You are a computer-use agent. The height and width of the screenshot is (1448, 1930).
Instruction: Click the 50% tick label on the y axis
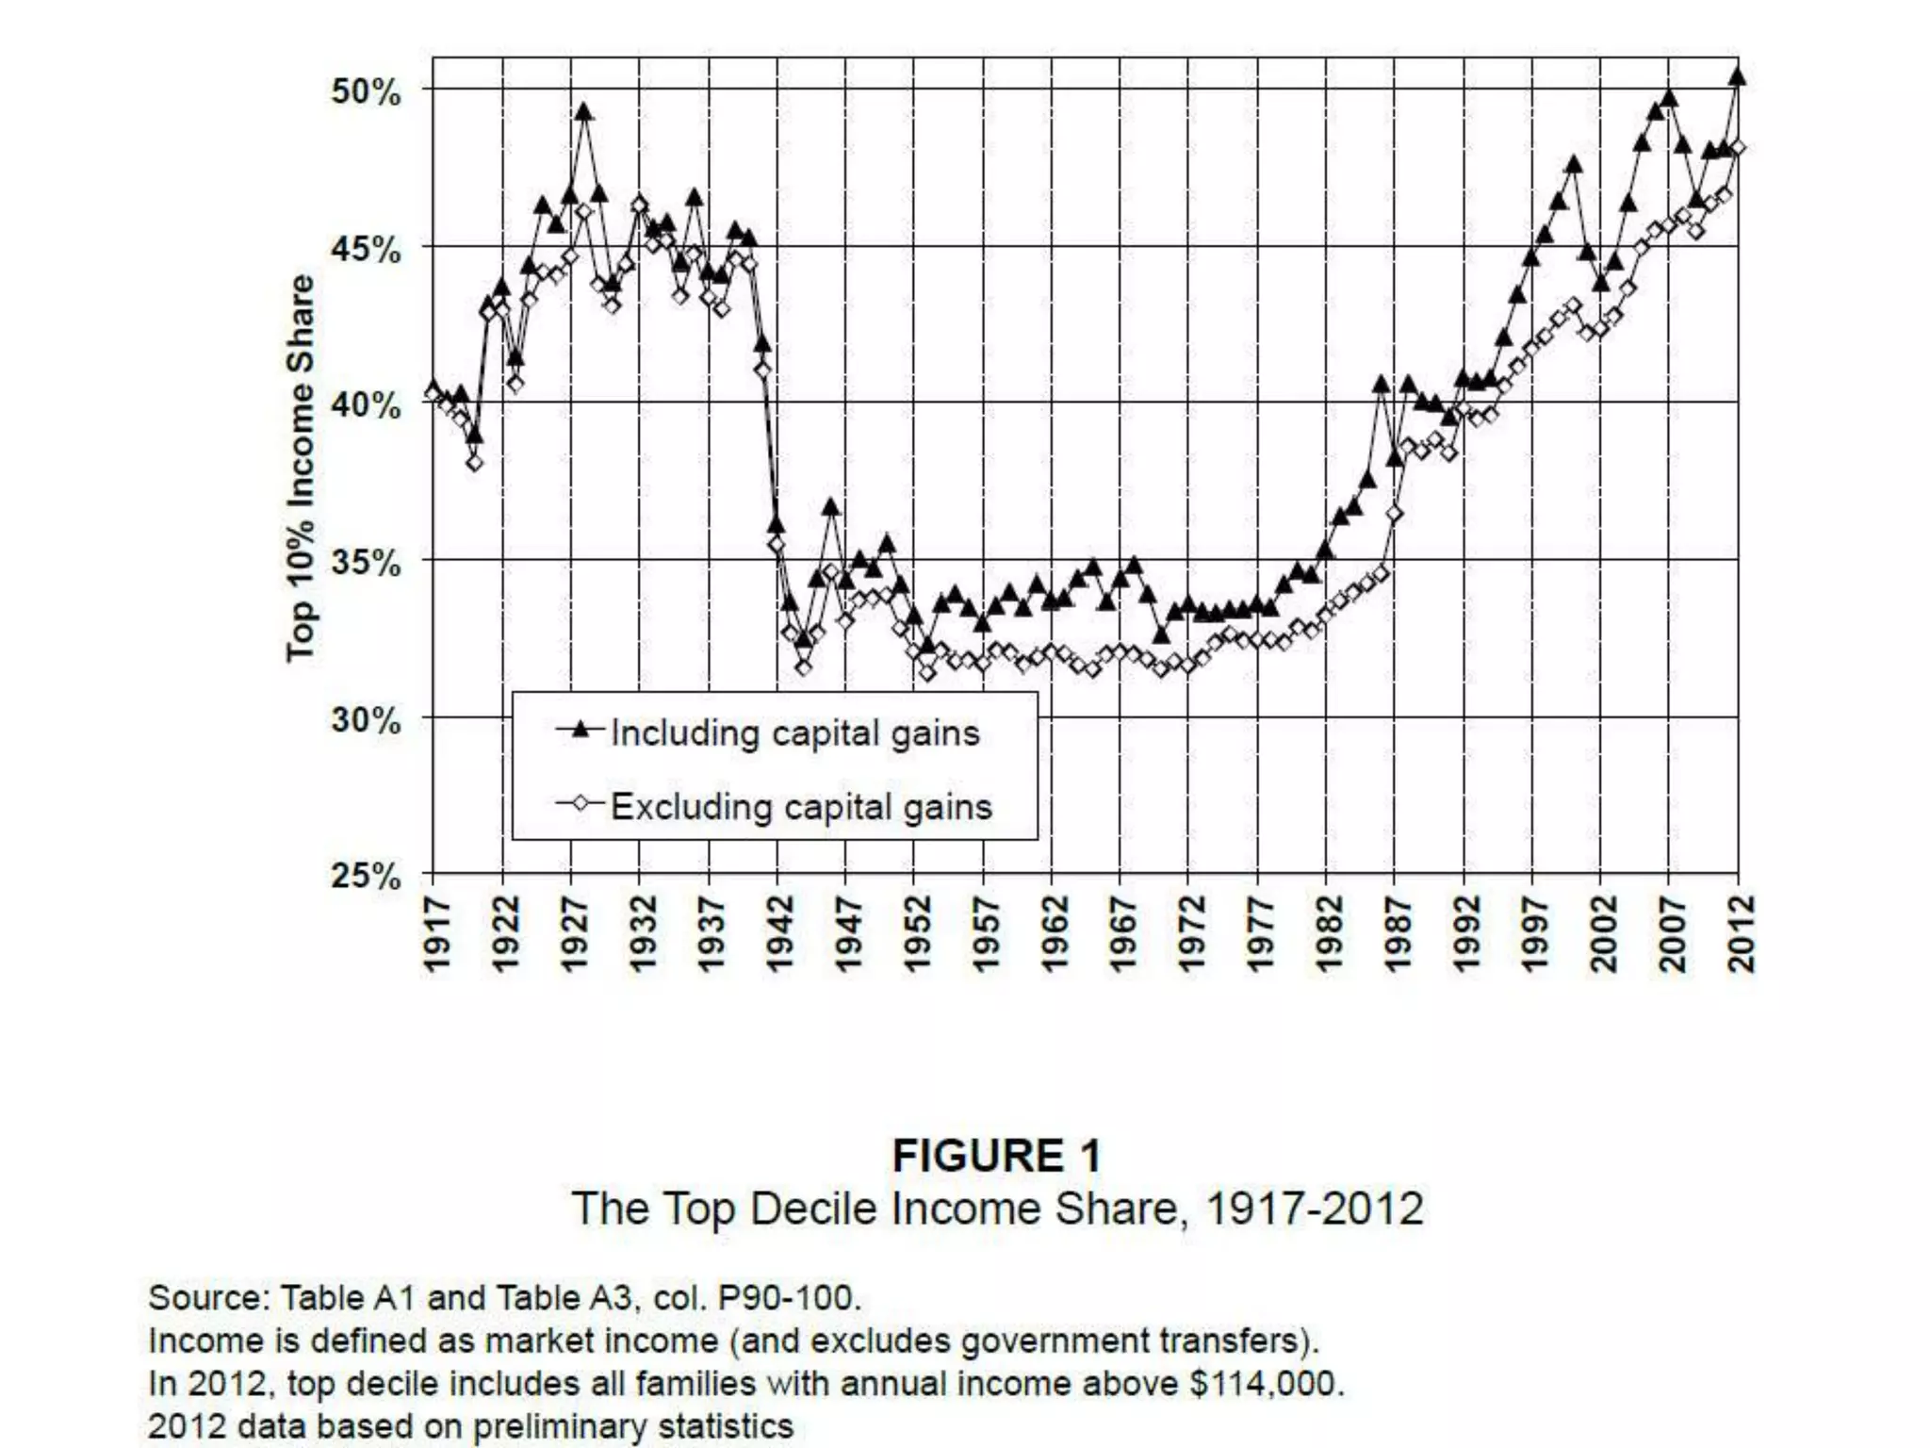coord(366,92)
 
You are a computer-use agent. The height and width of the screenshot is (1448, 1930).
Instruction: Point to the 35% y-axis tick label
coord(366,563)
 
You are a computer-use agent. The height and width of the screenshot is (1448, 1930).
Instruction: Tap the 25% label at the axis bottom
coord(366,877)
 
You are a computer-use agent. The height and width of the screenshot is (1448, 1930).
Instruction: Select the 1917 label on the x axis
coord(434,934)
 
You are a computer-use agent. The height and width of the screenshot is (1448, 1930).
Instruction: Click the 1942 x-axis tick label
coord(778,934)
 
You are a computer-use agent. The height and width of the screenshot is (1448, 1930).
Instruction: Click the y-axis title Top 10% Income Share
coord(301,469)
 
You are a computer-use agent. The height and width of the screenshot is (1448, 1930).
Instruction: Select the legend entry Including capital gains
coord(794,733)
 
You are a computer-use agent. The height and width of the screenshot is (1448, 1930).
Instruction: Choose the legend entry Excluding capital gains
coord(801,807)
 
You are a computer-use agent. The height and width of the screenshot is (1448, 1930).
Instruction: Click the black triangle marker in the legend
coord(581,729)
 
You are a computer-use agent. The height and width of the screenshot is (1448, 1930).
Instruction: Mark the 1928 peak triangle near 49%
coord(584,112)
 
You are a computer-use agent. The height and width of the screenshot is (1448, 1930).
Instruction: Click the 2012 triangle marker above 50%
coord(1738,77)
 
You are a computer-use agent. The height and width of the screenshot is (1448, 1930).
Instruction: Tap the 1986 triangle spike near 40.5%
coord(1381,385)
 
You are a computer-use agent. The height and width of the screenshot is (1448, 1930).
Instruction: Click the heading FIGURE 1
coord(996,1156)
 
